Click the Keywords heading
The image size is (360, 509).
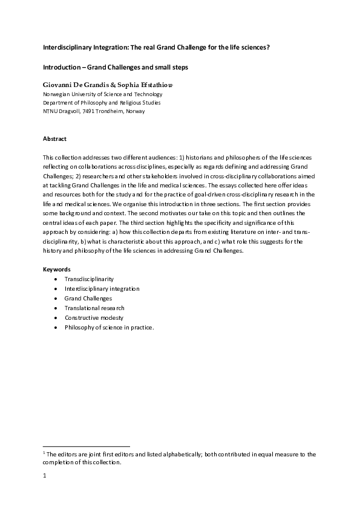(56, 269)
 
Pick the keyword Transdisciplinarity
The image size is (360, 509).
(89, 279)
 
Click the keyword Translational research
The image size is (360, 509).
(94, 308)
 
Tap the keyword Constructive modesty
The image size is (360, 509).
(94, 317)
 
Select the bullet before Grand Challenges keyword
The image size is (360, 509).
(56, 299)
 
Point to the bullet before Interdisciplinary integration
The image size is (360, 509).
(56, 289)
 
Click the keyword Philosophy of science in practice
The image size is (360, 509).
(110, 327)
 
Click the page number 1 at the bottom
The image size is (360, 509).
(44, 475)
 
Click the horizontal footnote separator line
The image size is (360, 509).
(87, 446)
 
